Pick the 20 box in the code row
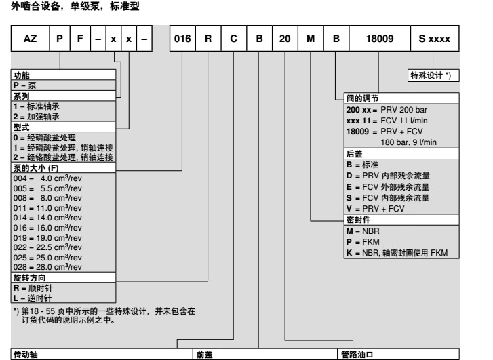[285, 40]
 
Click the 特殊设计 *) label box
[434, 76]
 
